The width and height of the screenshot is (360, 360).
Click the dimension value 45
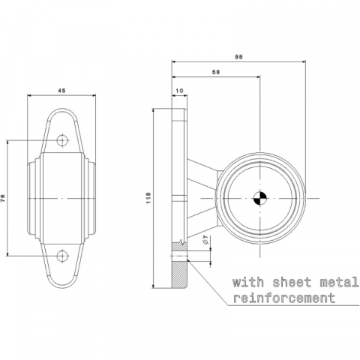[61, 91]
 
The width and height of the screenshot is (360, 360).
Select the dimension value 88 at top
[238, 57]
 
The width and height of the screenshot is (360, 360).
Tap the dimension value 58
[216, 72]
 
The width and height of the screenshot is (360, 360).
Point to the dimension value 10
[179, 91]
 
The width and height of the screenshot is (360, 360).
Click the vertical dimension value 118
[149, 198]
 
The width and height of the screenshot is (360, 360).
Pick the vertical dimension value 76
[4, 198]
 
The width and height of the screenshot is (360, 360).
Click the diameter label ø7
[206, 241]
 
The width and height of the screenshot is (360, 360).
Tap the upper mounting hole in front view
[62, 140]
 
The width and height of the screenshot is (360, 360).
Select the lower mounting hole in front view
[62, 256]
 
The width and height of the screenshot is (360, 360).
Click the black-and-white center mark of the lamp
[260, 198]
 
